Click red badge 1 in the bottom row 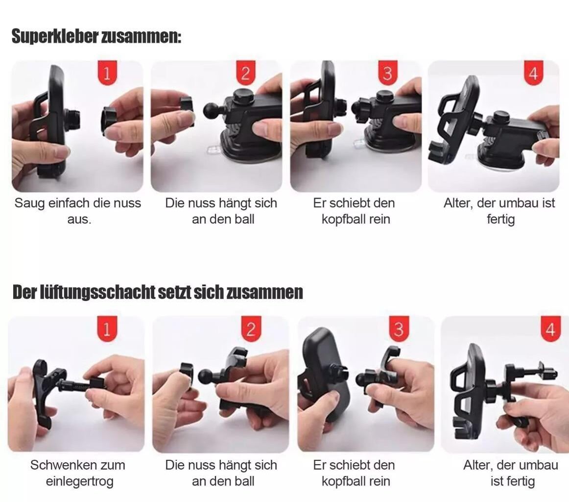coord(107,328)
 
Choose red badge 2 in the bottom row coord(251,328)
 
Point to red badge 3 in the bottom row coord(399,328)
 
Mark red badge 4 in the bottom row coord(551,328)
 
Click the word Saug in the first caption coord(30,203)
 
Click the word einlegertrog coord(79,482)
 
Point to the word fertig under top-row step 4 coord(501,220)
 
